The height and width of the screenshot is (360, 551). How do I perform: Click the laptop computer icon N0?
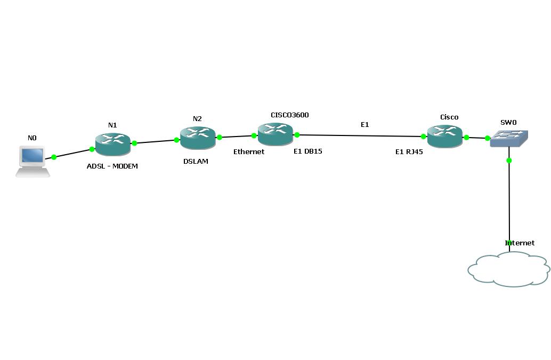click(x=33, y=161)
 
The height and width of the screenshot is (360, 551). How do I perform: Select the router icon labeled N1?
click(x=113, y=143)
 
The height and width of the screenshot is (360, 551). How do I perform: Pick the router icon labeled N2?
click(x=198, y=138)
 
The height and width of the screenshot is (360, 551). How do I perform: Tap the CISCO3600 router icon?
click(x=275, y=133)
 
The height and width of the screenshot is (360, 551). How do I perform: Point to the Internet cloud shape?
click(x=508, y=270)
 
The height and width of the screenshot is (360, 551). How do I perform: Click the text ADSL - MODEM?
click(x=112, y=166)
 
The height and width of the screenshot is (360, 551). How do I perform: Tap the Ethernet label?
click(x=249, y=152)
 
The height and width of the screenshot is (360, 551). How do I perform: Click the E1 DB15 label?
click(x=308, y=151)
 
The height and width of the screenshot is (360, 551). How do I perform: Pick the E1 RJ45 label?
click(x=409, y=152)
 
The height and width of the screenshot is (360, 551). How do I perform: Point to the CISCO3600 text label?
click(x=290, y=115)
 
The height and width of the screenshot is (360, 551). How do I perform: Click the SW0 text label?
click(x=509, y=123)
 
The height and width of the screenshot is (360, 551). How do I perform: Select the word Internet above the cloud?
click(x=520, y=243)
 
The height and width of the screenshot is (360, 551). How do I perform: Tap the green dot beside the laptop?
click(x=54, y=157)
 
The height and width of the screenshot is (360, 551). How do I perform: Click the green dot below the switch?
click(x=509, y=161)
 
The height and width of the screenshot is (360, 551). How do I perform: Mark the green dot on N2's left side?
click(x=176, y=140)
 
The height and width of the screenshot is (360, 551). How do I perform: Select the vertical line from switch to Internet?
click(x=509, y=203)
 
